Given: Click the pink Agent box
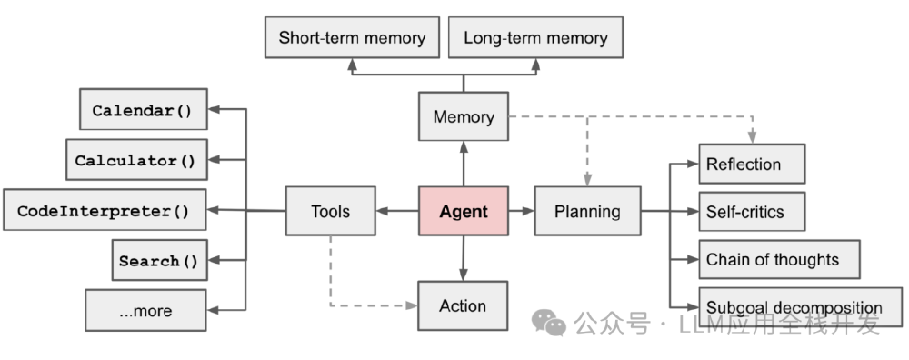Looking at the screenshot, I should click(463, 212).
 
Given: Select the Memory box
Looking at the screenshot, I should click(463, 116).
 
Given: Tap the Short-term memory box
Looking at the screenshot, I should click(352, 38).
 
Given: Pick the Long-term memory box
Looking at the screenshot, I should click(535, 38).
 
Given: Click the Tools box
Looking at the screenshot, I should click(330, 212).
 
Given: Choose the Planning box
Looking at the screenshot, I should click(587, 212).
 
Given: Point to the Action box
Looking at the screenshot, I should click(463, 305).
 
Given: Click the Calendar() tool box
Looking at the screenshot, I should click(143, 111).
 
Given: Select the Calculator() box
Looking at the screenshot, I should click(135, 161).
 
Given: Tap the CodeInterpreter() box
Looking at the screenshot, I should click(104, 211).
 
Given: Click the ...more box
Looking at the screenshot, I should click(145, 311).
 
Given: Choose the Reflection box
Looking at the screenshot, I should click(751, 165).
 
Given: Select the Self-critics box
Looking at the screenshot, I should click(751, 212).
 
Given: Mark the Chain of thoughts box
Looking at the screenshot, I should click(779, 260).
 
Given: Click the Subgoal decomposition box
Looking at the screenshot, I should click(800, 307).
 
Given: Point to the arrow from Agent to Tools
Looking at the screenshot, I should click(396, 212).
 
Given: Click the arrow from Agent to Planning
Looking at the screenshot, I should click(521, 212).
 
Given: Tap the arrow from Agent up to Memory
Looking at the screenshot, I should click(463, 164).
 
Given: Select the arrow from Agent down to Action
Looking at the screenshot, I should click(463, 259).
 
